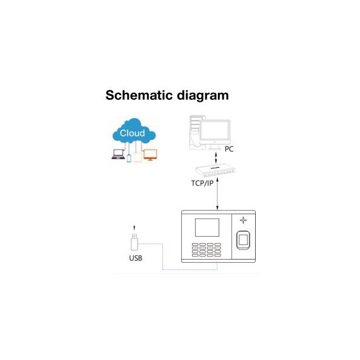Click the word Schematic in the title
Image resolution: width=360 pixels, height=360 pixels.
pos(139,95)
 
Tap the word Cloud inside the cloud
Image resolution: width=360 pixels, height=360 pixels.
pos(132,133)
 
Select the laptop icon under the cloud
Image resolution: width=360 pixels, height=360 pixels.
pos(118,154)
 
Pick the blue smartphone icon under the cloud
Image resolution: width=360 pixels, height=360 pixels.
pos(129,158)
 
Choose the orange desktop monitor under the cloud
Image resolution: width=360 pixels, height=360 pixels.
pos(150,155)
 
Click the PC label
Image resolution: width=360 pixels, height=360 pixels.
pos(229,149)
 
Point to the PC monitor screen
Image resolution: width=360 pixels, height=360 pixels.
pos(215,130)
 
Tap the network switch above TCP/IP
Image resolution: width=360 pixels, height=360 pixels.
pos(215,170)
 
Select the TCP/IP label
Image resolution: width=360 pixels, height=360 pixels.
pos(202,183)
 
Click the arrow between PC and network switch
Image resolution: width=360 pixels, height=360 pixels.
pos(215,157)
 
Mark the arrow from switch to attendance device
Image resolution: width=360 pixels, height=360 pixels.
pos(217,193)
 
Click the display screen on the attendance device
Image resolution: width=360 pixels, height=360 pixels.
pos(207,227)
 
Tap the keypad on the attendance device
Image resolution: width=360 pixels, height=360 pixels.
pos(207,249)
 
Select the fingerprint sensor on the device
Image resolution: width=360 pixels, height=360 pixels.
pos(243,240)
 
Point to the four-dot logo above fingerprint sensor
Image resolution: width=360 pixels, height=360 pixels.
pos(243,220)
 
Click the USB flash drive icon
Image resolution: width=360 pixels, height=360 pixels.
pos(135,242)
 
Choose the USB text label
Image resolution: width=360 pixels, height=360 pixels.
pos(136,258)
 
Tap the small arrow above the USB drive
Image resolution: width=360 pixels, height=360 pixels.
pos(135,228)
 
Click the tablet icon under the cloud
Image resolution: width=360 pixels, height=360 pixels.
pos(138,157)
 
